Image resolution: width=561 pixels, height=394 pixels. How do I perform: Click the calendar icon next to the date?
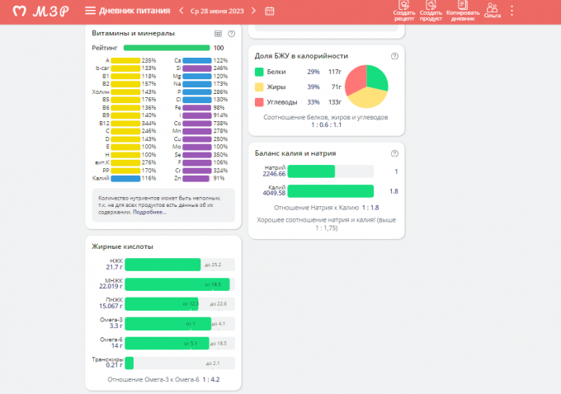point(270,11)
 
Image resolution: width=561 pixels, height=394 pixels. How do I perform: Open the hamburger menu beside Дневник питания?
point(90,11)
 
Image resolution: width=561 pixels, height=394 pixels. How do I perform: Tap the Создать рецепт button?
point(403,10)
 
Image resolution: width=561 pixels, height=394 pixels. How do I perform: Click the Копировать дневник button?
point(462,10)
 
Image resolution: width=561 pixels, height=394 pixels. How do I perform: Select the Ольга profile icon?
point(493,10)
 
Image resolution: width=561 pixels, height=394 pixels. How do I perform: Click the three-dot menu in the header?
point(512,11)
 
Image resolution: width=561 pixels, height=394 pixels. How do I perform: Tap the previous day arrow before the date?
point(181,11)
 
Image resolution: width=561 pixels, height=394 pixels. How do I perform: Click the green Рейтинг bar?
point(166,49)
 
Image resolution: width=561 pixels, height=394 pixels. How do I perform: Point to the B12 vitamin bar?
point(125,123)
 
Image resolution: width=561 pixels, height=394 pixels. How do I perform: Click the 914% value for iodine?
point(219,115)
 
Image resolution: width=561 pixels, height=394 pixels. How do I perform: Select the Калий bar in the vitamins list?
point(125,178)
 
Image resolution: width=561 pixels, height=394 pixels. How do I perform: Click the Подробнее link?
point(149,212)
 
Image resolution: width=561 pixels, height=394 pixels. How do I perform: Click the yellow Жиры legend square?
point(260,86)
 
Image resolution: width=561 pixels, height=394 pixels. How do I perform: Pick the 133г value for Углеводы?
point(334,101)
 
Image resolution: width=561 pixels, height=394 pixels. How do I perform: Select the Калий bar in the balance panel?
point(330,191)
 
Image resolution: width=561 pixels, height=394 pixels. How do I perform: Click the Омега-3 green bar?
point(167,324)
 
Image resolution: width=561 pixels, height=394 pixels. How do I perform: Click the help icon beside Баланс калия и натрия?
point(394,153)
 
